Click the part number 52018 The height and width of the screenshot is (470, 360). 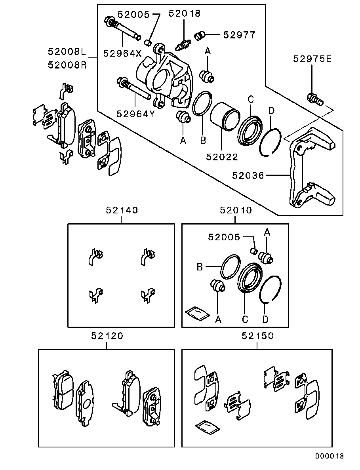point(184,13)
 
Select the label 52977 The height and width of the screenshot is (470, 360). point(239,35)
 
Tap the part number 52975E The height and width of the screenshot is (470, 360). point(312,59)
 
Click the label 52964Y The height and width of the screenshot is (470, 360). point(135,114)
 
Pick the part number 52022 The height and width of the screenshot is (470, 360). point(222,157)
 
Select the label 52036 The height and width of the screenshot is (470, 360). point(248,175)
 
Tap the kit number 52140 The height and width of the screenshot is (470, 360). point(122,210)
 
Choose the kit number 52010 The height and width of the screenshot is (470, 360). point(236,210)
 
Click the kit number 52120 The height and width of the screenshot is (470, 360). point(107,336)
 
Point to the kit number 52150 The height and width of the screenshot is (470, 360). point(257,336)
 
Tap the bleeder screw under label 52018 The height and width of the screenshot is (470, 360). point(183,43)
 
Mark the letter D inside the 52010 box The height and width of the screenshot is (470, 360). point(266,319)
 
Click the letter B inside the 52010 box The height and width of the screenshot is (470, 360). point(200,267)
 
